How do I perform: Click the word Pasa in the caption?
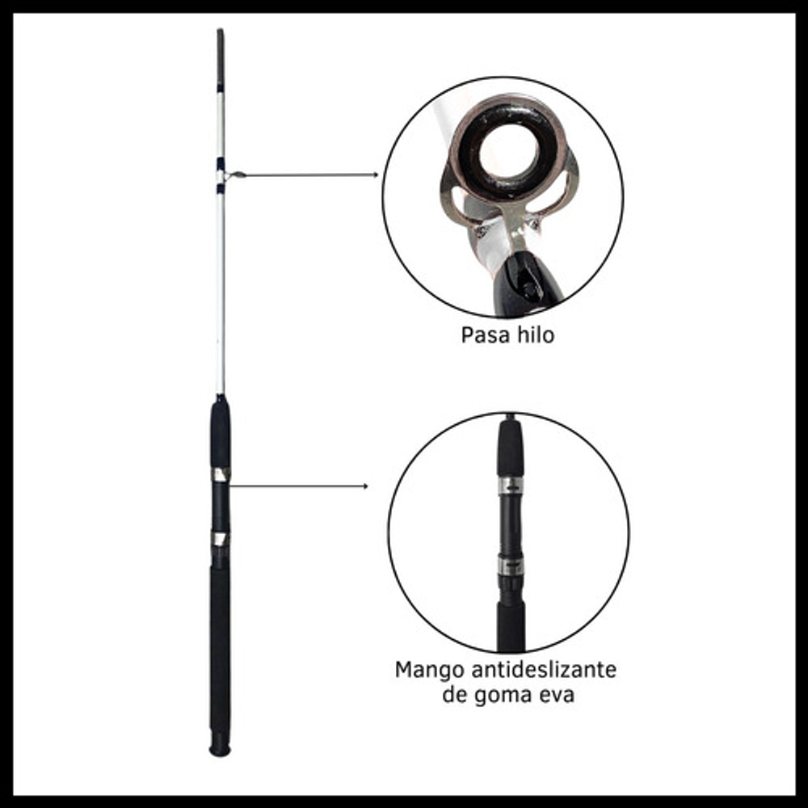(x=481, y=335)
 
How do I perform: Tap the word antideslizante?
(x=544, y=670)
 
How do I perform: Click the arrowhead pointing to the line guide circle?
(x=376, y=175)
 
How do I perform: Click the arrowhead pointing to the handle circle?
(x=365, y=486)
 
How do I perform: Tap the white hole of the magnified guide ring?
(x=509, y=151)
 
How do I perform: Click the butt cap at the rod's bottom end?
(x=220, y=750)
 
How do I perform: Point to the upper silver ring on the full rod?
(x=221, y=474)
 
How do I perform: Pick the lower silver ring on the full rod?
(x=220, y=539)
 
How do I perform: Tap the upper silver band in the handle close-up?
(x=510, y=486)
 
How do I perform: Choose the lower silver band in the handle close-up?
(x=510, y=566)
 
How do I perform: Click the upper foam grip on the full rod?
(x=220, y=433)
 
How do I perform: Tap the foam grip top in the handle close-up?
(x=510, y=448)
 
